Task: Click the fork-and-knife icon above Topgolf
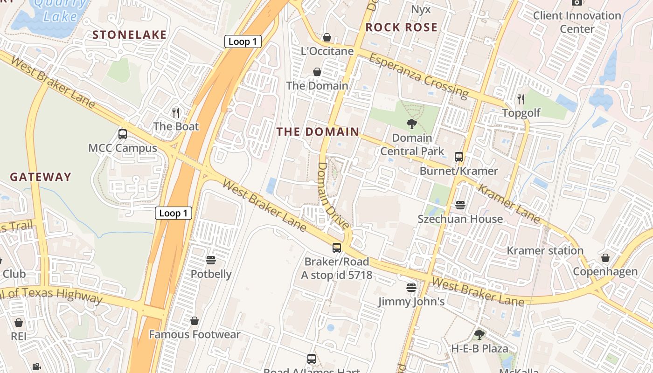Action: point(521,99)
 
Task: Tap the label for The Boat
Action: point(176,126)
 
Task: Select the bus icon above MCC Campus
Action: point(123,134)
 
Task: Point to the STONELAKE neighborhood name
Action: point(129,35)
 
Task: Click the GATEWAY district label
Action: point(41,177)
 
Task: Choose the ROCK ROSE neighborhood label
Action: point(401,28)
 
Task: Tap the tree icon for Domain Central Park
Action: point(412,124)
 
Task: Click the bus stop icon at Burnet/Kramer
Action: point(459,157)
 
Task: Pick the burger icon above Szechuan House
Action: point(460,205)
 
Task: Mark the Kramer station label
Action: point(545,251)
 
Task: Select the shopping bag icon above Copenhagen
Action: point(605,258)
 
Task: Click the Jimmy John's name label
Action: point(411,302)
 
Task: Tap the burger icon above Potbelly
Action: point(211,260)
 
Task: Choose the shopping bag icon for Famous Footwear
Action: point(195,321)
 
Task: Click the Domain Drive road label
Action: point(333,196)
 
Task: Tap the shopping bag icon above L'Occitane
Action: point(327,37)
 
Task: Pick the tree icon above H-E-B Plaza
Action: point(479,334)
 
